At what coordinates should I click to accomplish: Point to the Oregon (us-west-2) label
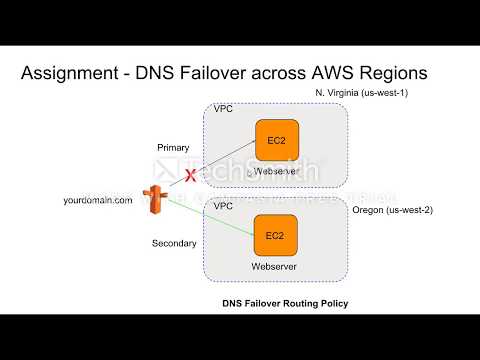point(394,211)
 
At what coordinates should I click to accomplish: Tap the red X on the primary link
point(188,176)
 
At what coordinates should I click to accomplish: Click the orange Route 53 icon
point(154,198)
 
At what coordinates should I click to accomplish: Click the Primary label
point(173,147)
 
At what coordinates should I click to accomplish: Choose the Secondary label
point(173,243)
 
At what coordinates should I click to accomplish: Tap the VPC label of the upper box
point(223,108)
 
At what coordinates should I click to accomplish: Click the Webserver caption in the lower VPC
point(272,267)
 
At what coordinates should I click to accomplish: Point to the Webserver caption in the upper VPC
point(276,172)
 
